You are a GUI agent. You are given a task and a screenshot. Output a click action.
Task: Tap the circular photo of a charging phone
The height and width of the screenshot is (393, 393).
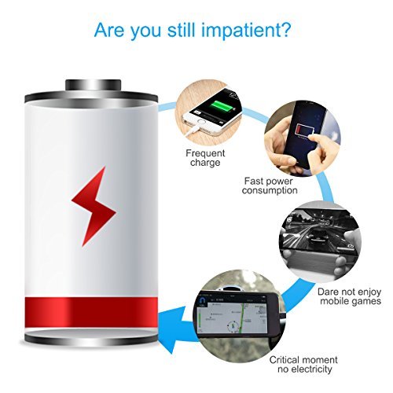pos(208,107)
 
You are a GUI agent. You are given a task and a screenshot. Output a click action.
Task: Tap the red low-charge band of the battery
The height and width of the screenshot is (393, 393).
pos(94,310)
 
